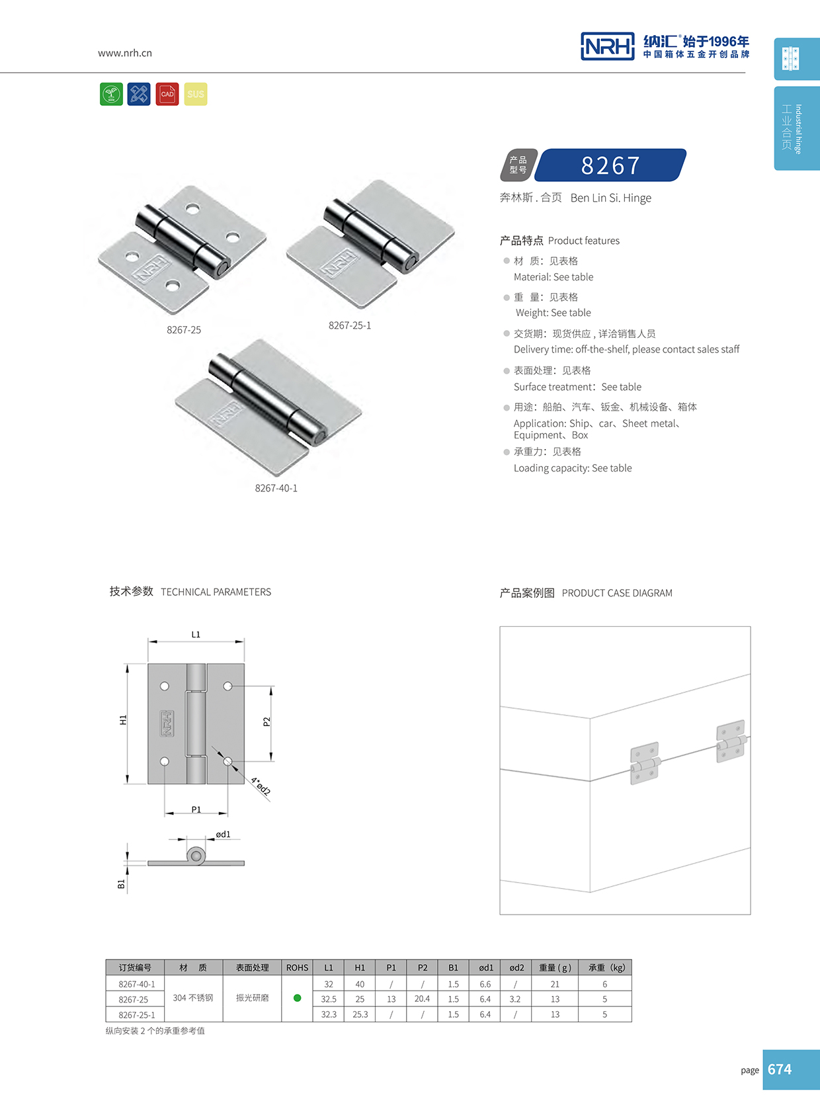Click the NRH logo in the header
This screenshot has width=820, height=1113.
pos(607,46)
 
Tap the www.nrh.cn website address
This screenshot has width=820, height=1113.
pos(125,53)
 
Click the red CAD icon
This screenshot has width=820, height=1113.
pos(167,94)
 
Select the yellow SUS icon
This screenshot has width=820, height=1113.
pos(196,94)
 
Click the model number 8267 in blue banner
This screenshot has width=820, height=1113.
pos(610,165)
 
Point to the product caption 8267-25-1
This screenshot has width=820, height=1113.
pos(350,325)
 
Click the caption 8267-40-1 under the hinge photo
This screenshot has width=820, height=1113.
pos(276,488)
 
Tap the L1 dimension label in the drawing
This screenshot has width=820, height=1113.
pos(196,634)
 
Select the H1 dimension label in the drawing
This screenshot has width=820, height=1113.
pos(123,720)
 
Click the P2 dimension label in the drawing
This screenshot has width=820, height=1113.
pos(266,721)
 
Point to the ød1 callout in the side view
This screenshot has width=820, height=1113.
pos(224,835)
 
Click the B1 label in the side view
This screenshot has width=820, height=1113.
pos(121,884)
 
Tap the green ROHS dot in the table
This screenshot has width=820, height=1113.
pos(298,998)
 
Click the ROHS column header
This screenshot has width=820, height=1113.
pos(298,968)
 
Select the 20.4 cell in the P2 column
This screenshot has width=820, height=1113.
pos(422,999)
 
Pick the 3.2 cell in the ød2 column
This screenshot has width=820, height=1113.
pos(515,999)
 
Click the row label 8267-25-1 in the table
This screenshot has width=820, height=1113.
pos(137,1014)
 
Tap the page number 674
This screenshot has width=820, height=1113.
pos(780,1069)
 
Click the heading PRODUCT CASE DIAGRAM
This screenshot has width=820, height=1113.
pos(617,593)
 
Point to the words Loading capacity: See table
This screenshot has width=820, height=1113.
pos(573,468)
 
